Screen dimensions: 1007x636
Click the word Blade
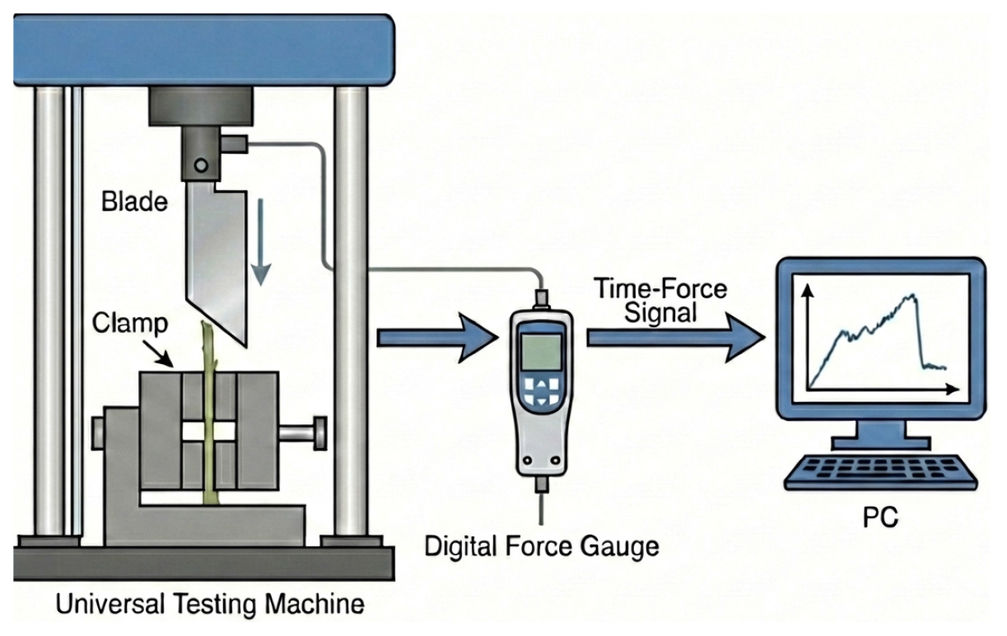pos(134,202)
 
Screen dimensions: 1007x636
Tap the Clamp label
pos(130,324)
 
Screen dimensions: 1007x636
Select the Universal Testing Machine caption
pos(209,604)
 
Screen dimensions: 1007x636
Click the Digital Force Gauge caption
pos(542,546)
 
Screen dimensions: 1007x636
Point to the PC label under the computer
pos(880,517)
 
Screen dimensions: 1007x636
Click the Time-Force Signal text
pos(660,301)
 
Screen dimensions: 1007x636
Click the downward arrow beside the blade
pos(260,243)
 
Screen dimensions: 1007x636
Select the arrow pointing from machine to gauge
pos(437,339)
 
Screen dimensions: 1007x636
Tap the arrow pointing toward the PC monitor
pos(676,339)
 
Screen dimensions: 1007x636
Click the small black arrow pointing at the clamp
pos(158,353)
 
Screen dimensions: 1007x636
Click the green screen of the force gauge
pos(541,352)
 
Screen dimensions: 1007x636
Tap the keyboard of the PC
pos(880,473)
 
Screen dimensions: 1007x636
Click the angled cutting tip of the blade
pos(245,346)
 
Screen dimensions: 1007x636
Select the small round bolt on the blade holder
pos(201,165)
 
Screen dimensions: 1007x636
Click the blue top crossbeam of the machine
pos(204,49)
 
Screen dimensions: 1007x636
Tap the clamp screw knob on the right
pos(319,433)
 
